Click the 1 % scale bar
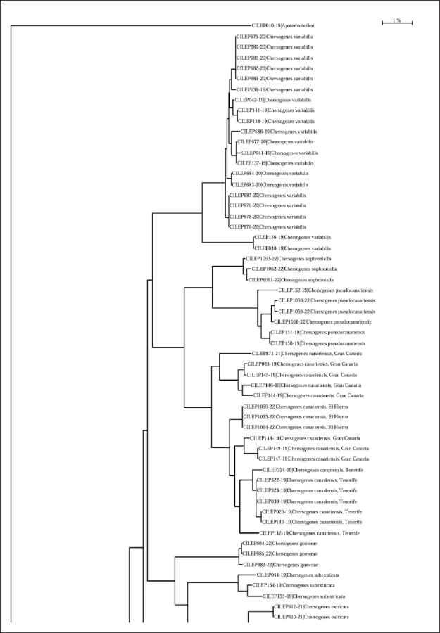tap(397, 23)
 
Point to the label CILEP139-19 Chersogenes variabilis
tap(274, 89)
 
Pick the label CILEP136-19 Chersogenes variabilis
tap(292, 238)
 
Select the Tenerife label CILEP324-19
tap(313, 469)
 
